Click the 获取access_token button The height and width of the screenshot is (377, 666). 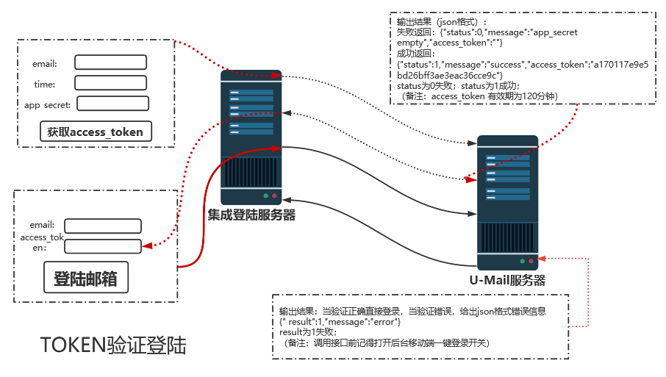[x=95, y=132]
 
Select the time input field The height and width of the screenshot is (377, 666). [x=111, y=83]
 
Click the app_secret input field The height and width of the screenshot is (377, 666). [x=112, y=104]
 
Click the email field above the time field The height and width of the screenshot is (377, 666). [x=111, y=62]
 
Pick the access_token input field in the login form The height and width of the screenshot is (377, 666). [x=102, y=246]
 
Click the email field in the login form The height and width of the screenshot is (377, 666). [x=102, y=226]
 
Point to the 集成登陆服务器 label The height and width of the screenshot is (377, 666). [x=251, y=215]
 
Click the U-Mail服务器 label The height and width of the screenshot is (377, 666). [x=507, y=280]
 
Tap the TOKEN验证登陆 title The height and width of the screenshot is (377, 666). [x=113, y=345]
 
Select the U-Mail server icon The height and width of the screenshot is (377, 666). [x=507, y=202]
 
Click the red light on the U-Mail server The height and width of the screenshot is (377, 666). [x=531, y=261]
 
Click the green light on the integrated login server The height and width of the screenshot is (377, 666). [x=265, y=196]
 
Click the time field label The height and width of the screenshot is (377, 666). [x=44, y=85]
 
